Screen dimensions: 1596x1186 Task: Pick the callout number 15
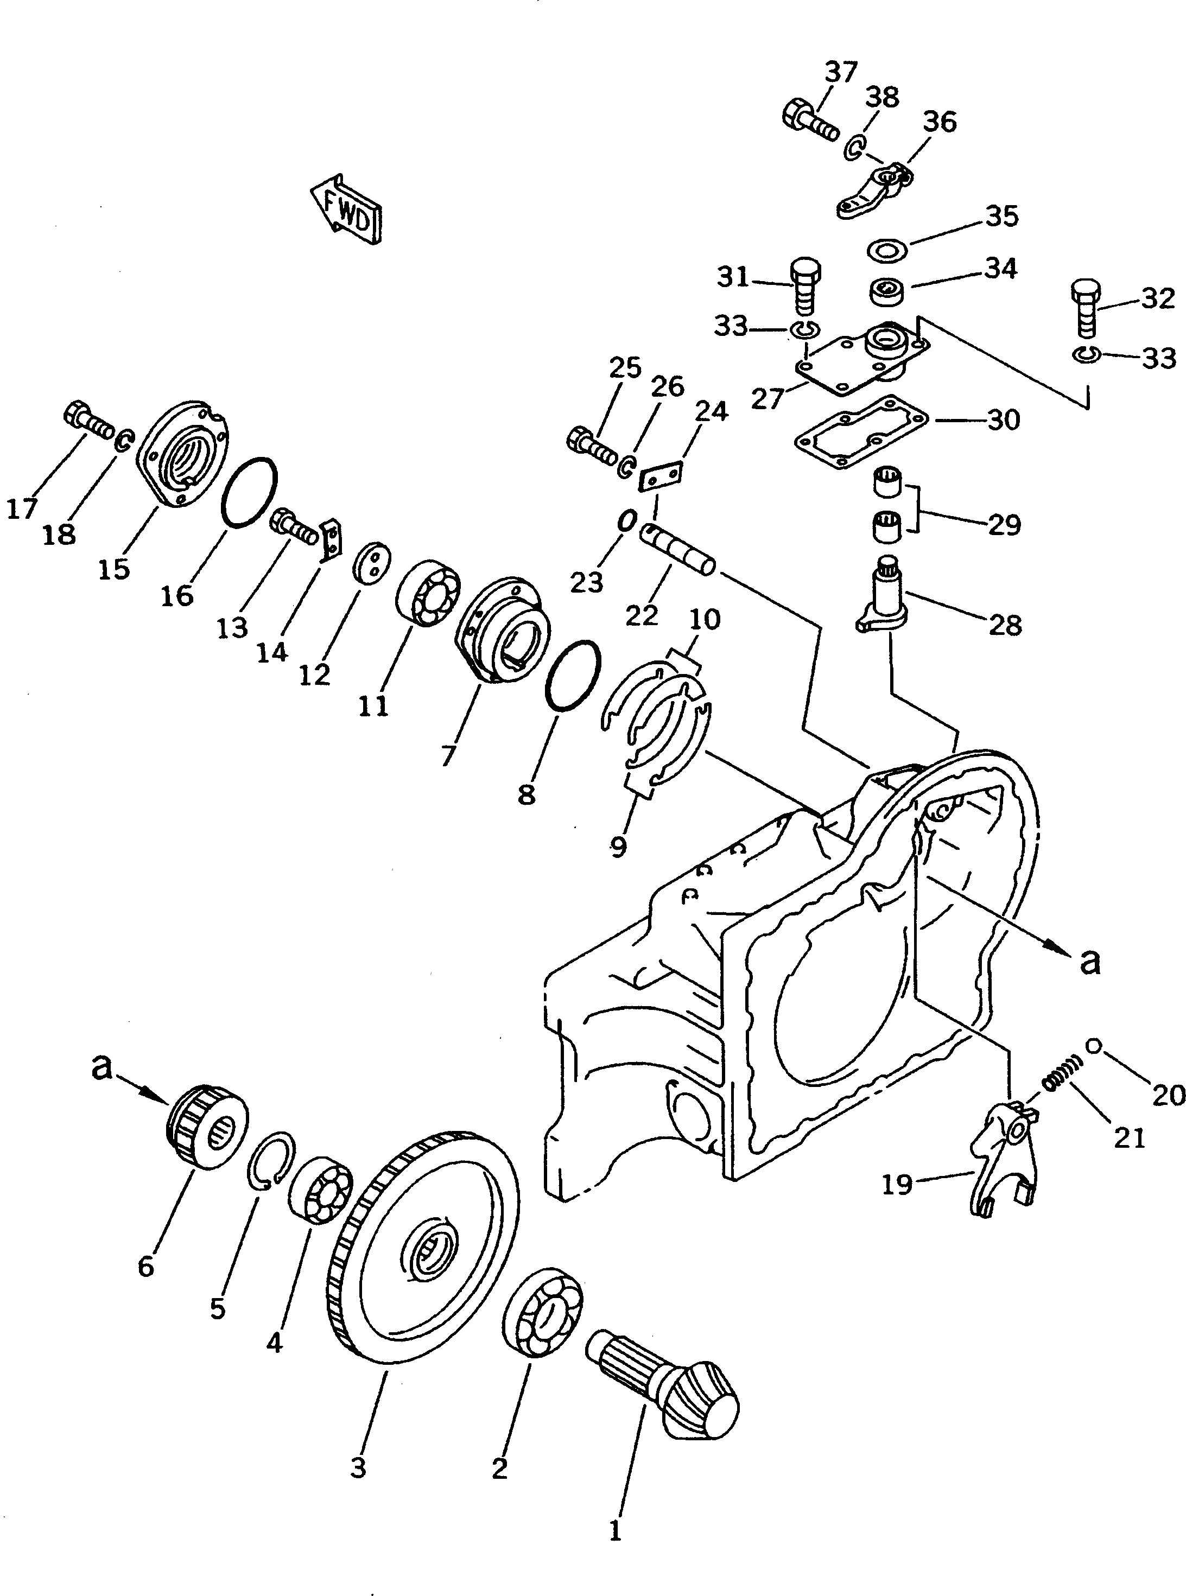click(x=113, y=569)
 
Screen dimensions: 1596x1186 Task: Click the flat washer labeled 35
click(x=888, y=249)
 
